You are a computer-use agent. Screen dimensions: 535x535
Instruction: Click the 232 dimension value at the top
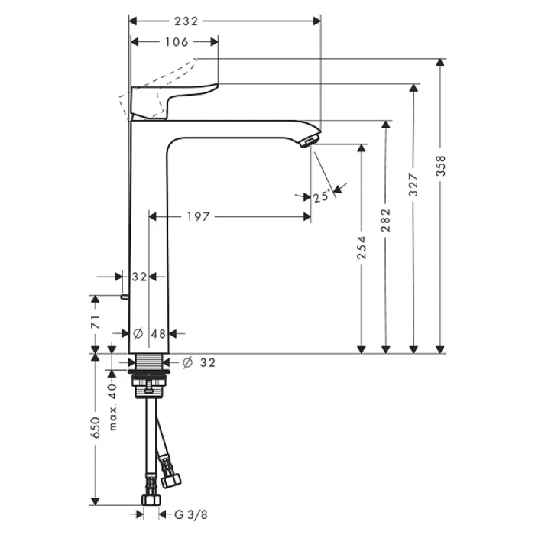click(x=185, y=21)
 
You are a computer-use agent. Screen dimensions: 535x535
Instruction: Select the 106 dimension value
click(x=176, y=42)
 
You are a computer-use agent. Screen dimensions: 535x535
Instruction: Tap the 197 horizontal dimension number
click(x=198, y=217)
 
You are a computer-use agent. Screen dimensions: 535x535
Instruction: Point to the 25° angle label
click(x=322, y=197)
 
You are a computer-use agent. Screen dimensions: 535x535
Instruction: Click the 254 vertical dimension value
click(x=362, y=247)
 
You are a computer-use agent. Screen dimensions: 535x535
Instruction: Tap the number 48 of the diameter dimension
click(x=158, y=333)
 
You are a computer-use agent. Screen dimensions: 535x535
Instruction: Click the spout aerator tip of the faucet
click(x=307, y=142)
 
